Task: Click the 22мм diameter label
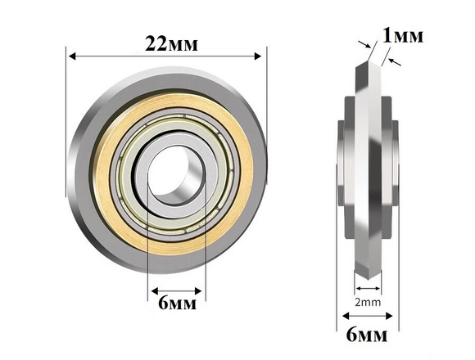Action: [171, 44]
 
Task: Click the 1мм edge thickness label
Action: [403, 35]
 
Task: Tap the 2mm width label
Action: [368, 302]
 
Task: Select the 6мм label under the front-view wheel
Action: [177, 303]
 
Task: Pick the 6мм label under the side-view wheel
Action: [367, 335]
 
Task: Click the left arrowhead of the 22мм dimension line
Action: [72, 56]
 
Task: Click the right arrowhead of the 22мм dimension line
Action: [258, 56]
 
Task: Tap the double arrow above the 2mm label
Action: [368, 288]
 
